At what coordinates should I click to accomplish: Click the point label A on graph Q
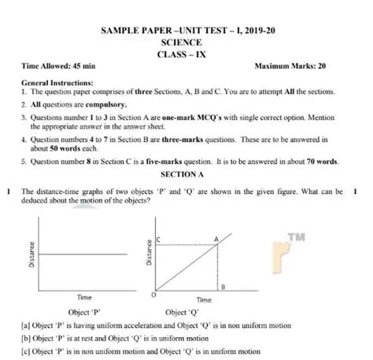tap(215, 239)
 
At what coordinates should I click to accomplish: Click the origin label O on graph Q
tap(152, 295)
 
